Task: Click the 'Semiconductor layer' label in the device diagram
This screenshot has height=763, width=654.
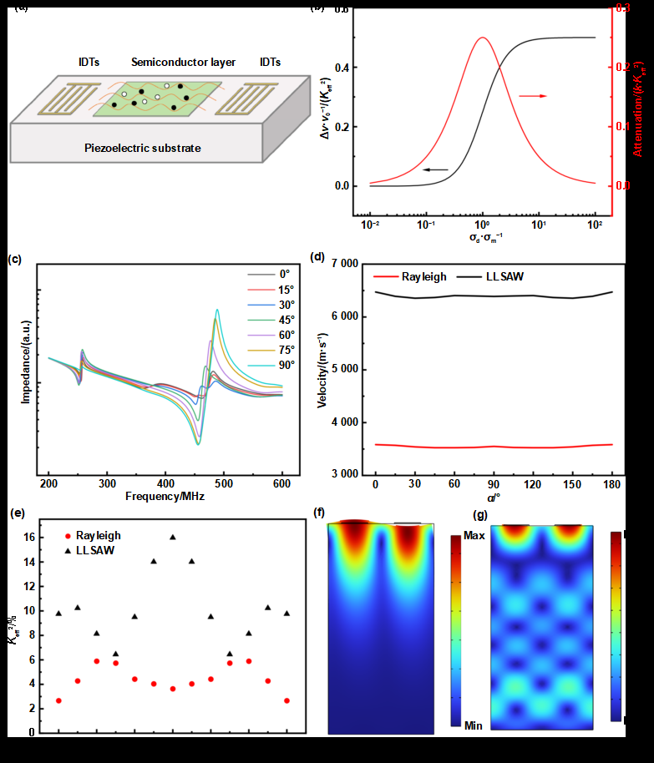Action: [183, 62]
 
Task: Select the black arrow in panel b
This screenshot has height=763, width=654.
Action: [434, 169]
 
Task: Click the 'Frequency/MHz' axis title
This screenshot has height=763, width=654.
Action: [165, 495]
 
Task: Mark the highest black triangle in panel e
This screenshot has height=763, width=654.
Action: [173, 537]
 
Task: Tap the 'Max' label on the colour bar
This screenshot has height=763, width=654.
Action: [474, 534]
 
